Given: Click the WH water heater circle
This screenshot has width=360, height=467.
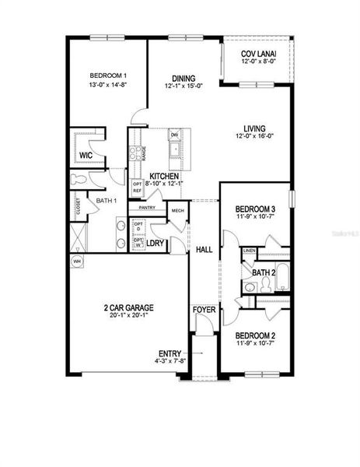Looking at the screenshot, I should (76, 262).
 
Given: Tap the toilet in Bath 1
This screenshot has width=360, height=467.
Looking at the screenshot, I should (79, 179).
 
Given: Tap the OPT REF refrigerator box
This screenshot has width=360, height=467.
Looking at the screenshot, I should (137, 188).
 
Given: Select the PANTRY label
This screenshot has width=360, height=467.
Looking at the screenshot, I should (147, 208).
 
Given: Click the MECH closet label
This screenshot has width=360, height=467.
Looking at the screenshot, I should (177, 211).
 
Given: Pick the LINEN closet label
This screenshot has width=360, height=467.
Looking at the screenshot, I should (249, 251).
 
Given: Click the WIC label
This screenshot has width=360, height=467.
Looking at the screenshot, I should (86, 156).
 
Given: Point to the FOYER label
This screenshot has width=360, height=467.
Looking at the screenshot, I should (204, 311).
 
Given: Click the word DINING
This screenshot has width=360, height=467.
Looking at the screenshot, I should (183, 78).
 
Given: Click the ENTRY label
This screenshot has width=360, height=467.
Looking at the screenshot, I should (170, 353).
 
